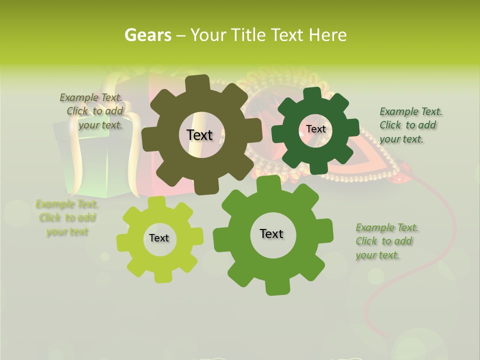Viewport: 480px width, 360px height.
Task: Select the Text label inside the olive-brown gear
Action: (x=199, y=135)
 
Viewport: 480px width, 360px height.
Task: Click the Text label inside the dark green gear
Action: (x=315, y=129)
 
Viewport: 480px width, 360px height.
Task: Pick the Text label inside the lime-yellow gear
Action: (x=159, y=238)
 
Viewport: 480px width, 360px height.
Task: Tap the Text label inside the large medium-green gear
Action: (x=271, y=233)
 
